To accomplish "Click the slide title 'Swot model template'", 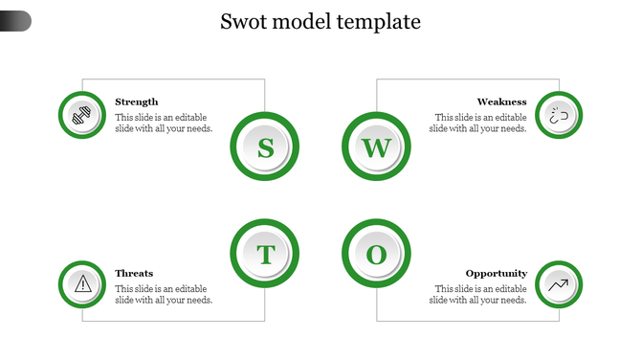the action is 320,22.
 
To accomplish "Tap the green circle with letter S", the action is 265,147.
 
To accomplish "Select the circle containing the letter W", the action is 376,147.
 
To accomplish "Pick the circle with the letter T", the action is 265,255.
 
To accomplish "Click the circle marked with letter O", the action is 376,255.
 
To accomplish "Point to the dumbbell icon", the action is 82,115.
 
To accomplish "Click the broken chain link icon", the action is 559,115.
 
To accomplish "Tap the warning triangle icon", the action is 82,283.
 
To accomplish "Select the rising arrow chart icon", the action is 559,283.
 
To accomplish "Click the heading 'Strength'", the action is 137,101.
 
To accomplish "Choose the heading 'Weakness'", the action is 501,101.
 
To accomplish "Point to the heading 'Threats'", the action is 134,273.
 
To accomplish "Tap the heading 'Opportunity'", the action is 496,273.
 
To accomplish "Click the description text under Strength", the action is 164,123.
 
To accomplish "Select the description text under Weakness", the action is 478,123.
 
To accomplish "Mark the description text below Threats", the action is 164,294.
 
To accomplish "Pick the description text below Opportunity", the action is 478,294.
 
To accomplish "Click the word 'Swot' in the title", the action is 244,22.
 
